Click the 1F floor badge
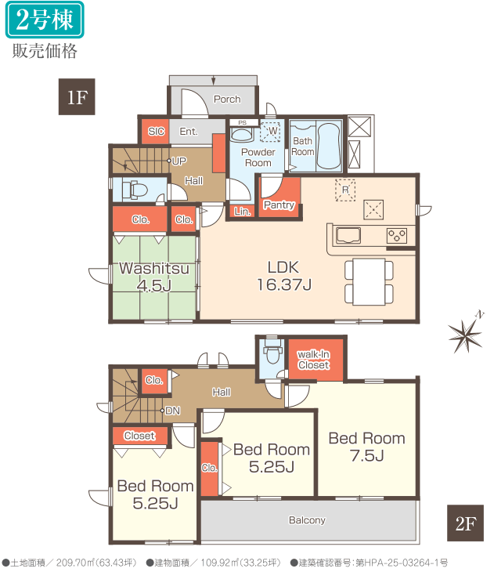click(x=77, y=96)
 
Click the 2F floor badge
click(x=465, y=523)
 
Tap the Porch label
click(x=227, y=100)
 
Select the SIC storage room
click(x=156, y=132)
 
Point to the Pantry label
click(x=279, y=205)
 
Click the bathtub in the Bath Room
click(x=330, y=147)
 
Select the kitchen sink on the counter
click(x=348, y=236)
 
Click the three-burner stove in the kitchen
click(x=397, y=235)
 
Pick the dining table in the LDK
click(x=369, y=281)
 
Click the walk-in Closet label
click(x=313, y=360)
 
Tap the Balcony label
click(x=307, y=520)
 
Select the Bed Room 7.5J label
click(x=366, y=447)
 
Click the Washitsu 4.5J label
click(x=154, y=277)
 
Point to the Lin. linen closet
click(x=242, y=212)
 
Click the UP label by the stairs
click(x=179, y=161)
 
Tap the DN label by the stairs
click(x=172, y=411)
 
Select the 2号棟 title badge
click(x=45, y=20)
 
